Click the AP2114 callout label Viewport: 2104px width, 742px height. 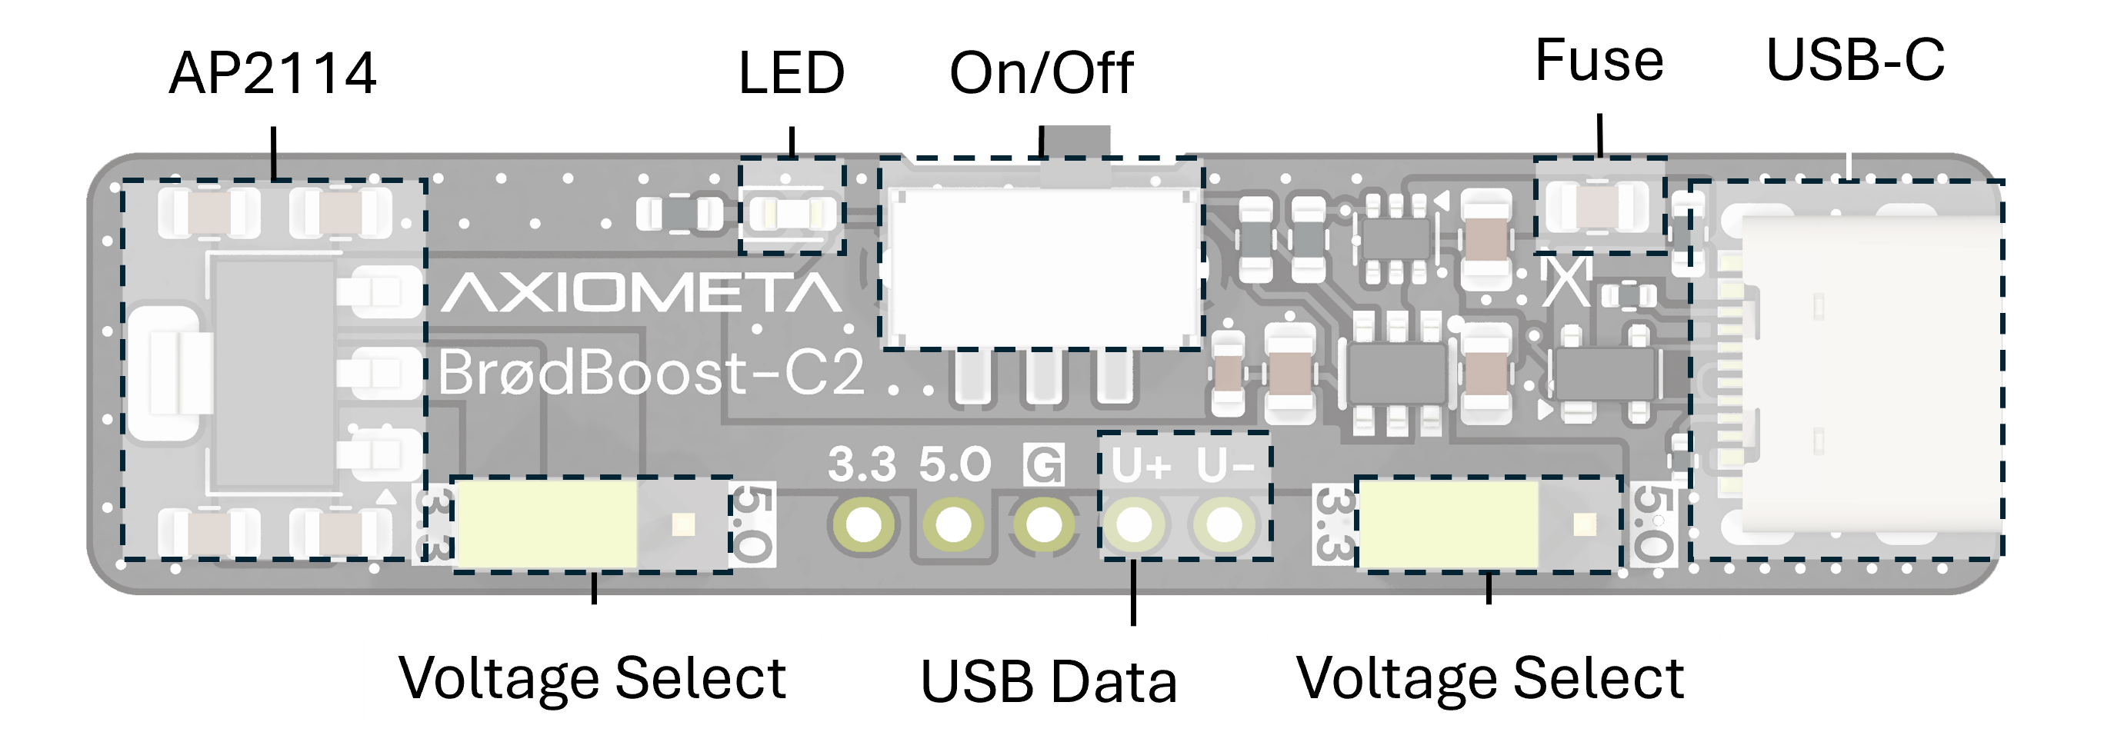point(273,72)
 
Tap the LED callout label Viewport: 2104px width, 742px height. point(791,72)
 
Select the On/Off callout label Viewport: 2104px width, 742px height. point(1042,72)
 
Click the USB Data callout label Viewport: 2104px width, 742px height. point(1049,680)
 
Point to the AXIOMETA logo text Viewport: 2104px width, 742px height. point(641,293)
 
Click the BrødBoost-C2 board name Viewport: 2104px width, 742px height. point(651,372)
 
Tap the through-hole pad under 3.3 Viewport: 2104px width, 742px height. point(863,524)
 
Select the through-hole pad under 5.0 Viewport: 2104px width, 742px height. point(953,524)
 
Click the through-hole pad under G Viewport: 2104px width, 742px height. point(1043,524)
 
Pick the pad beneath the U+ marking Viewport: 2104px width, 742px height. point(1134,524)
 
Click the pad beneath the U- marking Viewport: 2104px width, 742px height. point(1223,524)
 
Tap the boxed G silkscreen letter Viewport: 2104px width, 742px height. point(1043,465)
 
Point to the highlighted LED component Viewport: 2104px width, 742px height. point(791,214)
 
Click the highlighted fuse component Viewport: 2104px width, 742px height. point(1599,207)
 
